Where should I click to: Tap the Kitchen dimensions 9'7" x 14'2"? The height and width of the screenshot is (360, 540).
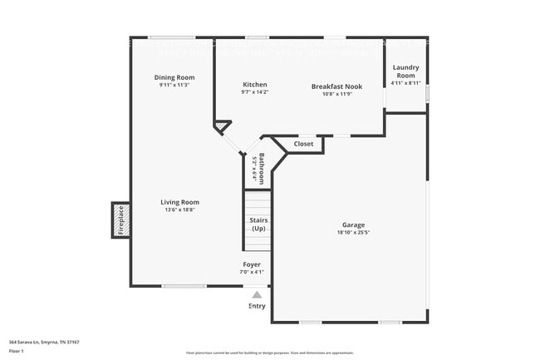[x=255, y=93]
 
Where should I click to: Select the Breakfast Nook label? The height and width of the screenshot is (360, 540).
[x=336, y=86]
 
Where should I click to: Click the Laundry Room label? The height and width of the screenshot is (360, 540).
[x=406, y=71]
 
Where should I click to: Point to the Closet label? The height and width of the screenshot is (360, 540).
[x=303, y=144]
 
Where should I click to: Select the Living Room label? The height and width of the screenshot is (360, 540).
[x=179, y=202]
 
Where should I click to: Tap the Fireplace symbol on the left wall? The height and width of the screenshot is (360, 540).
[x=120, y=220]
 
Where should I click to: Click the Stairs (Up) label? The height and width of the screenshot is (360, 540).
[x=258, y=224]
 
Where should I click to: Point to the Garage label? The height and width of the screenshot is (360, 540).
[x=353, y=224]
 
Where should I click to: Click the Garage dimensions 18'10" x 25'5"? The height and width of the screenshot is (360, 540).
[x=353, y=233]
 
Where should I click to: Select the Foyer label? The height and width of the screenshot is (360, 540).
[x=252, y=264]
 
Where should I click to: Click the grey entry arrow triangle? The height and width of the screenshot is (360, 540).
[x=257, y=294]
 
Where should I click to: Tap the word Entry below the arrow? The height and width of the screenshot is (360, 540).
[x=258, y=306]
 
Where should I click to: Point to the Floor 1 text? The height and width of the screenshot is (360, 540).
[x=17, y=350]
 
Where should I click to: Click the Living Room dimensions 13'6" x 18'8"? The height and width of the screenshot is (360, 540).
[x=179, y=210]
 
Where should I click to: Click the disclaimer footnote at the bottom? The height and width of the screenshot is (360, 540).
[x=269, y=353]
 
